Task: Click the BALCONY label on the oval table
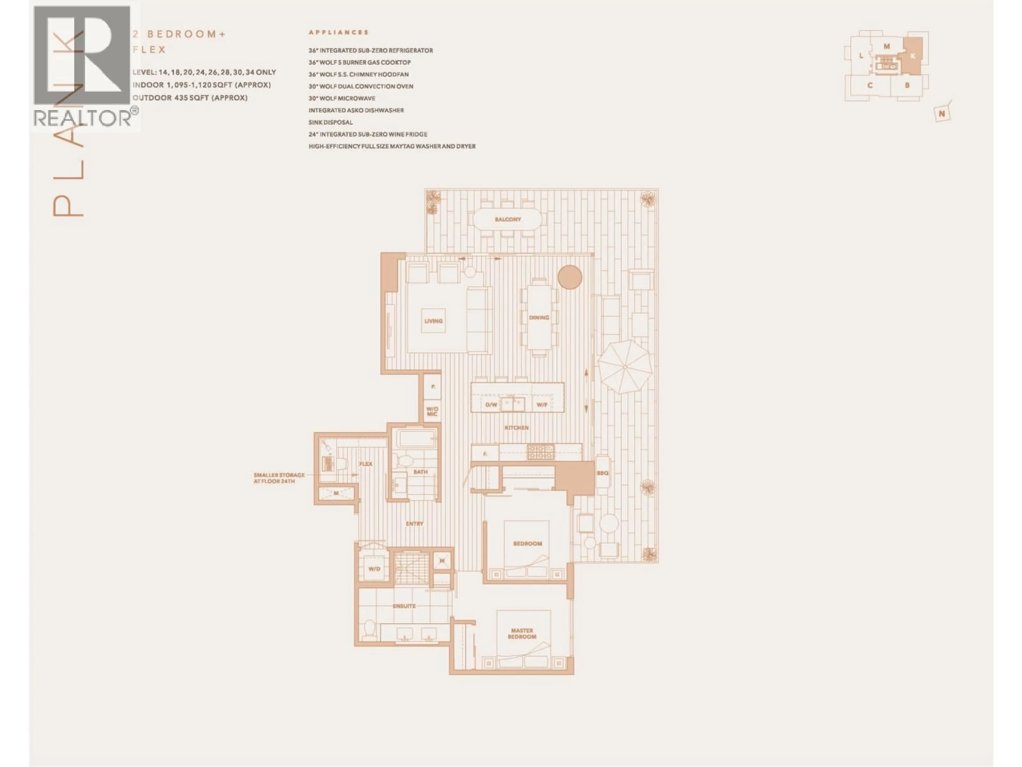pos(508,219)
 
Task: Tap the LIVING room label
pos(433,321)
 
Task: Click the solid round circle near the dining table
pos(570,278)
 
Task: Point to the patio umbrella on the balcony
pos(625,367)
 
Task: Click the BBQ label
pos(603,473)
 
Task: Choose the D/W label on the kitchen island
pos(491,405)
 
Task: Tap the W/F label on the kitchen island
pos(542,405)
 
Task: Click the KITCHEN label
pos(517,428)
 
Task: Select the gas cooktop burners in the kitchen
pos(541,452)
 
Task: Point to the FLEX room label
pos(365,464)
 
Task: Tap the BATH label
pos(421,472)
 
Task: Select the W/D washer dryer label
pos(374,569)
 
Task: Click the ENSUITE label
pos(404,606)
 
